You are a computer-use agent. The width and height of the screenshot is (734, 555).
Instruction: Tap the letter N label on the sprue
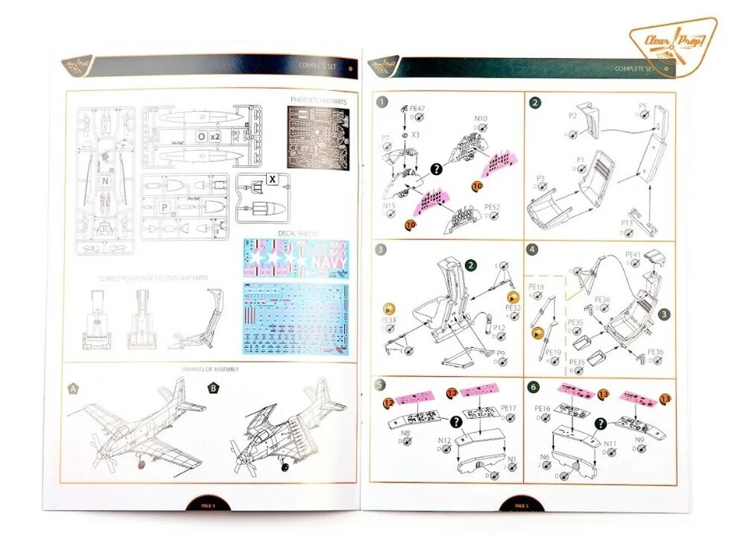(105, 180)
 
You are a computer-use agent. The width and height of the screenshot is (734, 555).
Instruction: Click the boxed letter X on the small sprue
(271, 179)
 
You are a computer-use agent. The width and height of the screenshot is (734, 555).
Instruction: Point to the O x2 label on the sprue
(208, 136)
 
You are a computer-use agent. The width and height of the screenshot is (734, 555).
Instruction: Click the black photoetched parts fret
(316, 138)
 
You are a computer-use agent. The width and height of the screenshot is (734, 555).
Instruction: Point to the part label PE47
(418, 109)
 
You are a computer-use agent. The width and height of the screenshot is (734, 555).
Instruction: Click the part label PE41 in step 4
(633, 254)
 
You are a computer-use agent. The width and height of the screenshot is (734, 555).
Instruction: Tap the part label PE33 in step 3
(388, 319)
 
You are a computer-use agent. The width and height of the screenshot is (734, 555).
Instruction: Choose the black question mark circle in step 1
(437, 169)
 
